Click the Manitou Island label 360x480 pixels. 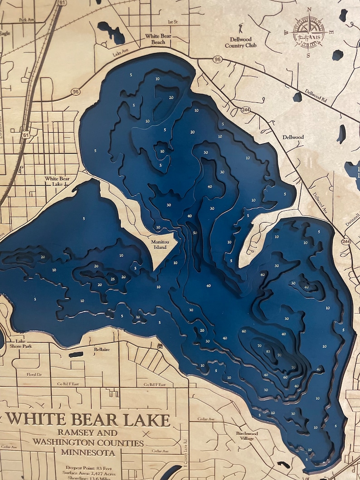(159, 244)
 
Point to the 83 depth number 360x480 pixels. (268, 352)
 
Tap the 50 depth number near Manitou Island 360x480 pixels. (195, 233)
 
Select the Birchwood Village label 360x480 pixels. (247, 436)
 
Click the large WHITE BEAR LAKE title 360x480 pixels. (88, 419)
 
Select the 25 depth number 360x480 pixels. (113, 279)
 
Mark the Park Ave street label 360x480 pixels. (27, 20)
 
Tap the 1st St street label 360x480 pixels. (173, 21)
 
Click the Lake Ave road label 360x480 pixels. (120, 53)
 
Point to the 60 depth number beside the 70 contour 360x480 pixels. (244, 331)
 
